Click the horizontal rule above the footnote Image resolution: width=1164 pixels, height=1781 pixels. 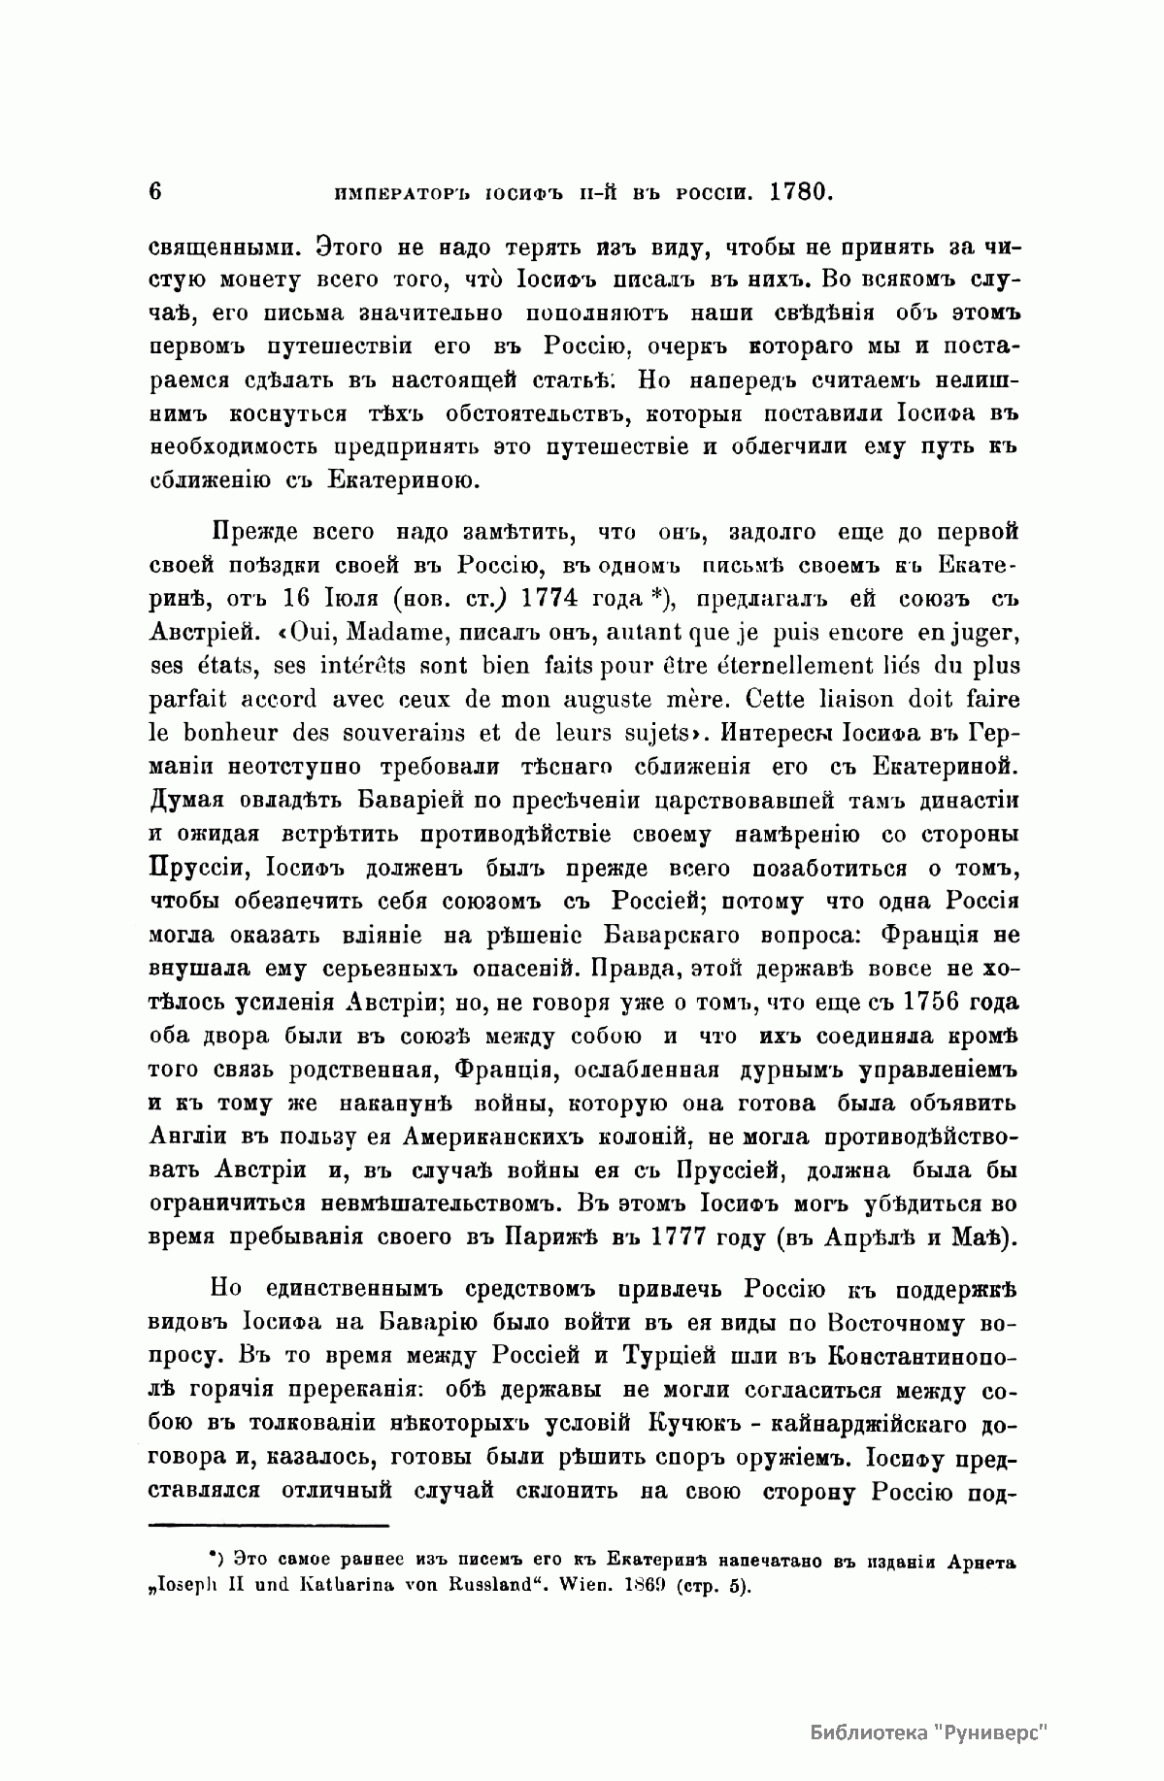tap(270, 1527)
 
